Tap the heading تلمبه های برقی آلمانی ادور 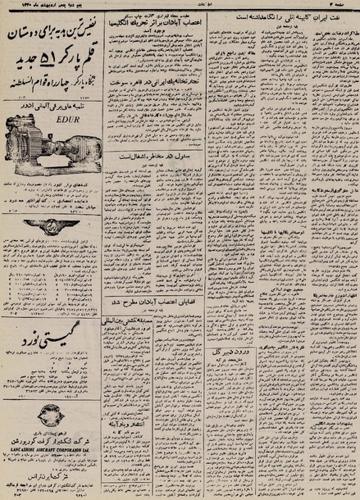(54, 128)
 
